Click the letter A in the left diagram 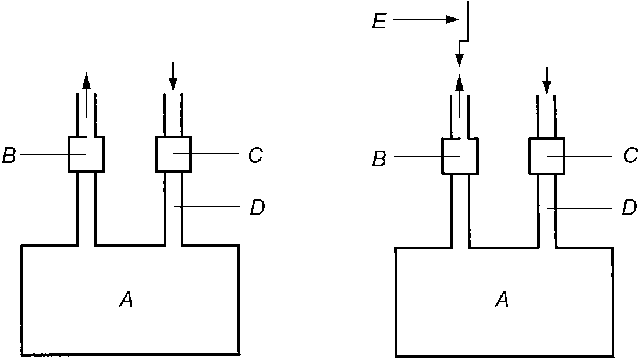pos(126,301)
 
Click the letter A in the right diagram pos(502,300)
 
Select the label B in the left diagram pos(9,155)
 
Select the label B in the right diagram pos(379,159)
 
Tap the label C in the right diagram pos(631,155)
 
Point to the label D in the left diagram pos(257,208)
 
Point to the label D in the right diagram pos(629,208)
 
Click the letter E pos(379,21)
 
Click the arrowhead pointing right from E pos(452,19)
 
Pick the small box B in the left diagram pos(86,154)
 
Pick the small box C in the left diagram pos(173,154)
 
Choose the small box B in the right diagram pos(460,156)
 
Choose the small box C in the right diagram pos(547,156)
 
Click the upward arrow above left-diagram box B pos(86,95)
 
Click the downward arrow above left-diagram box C pos(173,77)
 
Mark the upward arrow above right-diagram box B pos(460,96)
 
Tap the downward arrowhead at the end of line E pos(460,60)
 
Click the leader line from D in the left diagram pos(207,206)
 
